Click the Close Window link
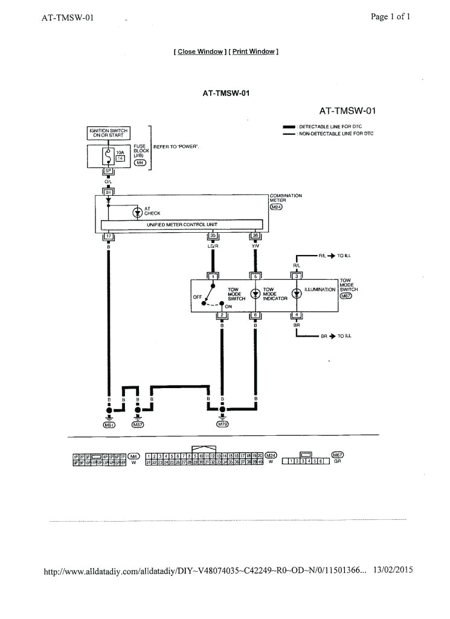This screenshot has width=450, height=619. (200, 52)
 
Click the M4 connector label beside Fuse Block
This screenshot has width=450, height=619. (140, 163)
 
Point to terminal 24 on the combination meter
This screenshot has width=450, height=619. (108, 192)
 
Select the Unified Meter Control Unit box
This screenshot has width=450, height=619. (182, 224)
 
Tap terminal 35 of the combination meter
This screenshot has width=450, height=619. (212, 236)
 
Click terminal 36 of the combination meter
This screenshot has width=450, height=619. (256, 236)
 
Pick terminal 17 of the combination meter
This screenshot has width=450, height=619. (109, 236)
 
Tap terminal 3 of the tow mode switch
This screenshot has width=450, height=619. (297, 276)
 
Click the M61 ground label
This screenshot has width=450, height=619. (109, 425)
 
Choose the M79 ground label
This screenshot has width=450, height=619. (223, 425)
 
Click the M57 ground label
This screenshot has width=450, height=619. (138, 425)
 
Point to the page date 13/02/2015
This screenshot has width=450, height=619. (393, 570)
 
